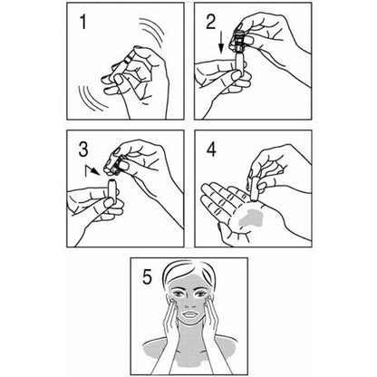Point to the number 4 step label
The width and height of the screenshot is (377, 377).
pyautogui.click(x=211, y=148)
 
